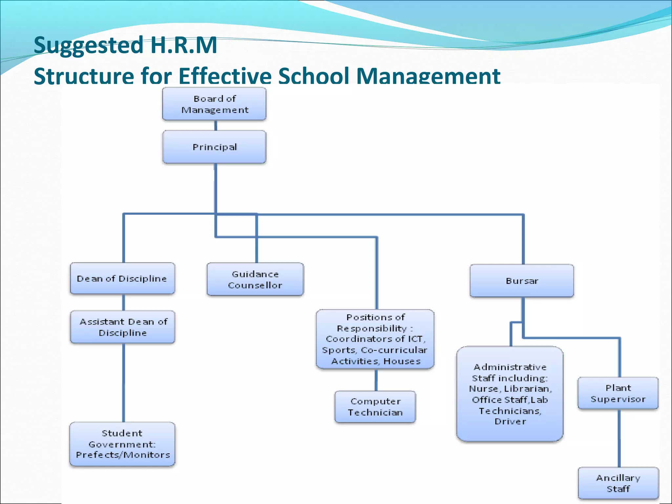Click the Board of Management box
(214, 104)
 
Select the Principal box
(214, 147)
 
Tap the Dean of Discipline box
(122, 279)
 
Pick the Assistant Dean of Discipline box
(122, 327)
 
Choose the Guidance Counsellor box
(255, 280)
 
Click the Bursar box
(522, 281)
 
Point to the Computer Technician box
(375, 407)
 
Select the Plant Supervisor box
(618, 393)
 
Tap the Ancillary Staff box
(618, 483)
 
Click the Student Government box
(122, 444)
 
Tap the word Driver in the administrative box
(510, 422)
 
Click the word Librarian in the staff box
(528, 389)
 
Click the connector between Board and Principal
(216, 126)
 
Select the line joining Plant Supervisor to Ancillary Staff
(619, 438)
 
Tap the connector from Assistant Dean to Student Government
(124, 382)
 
